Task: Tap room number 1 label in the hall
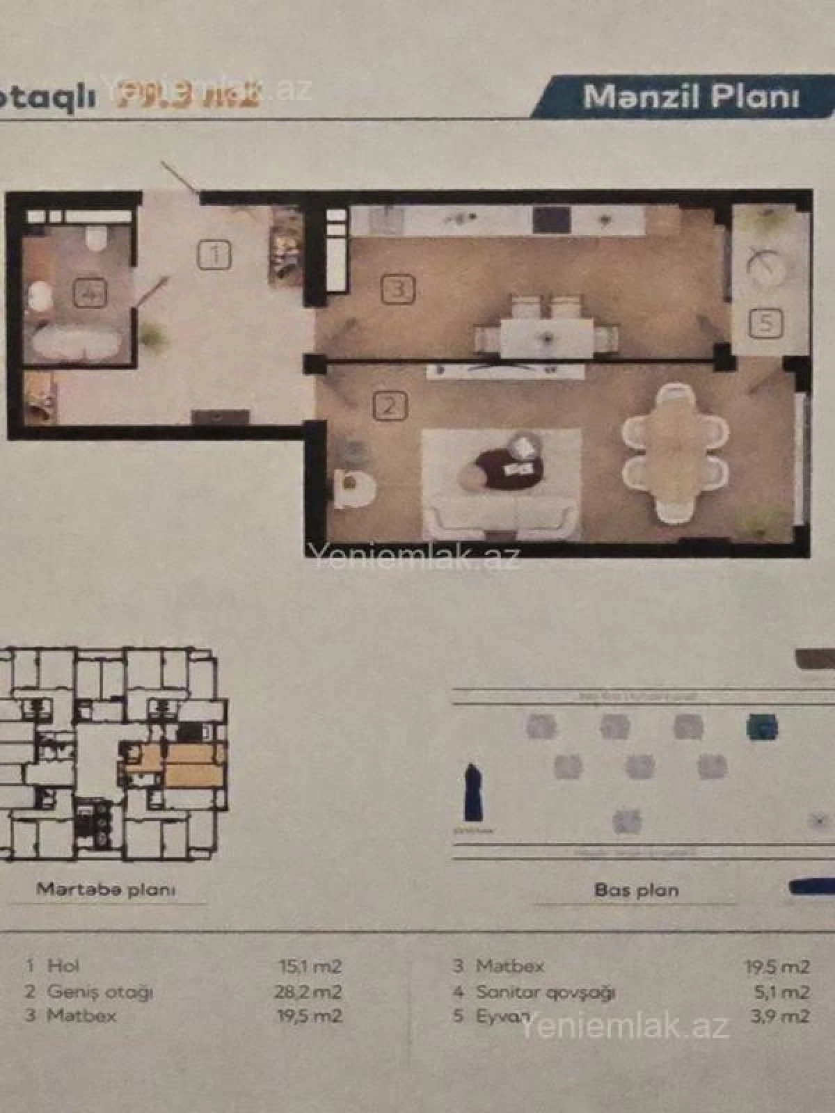pyautogui.click(x=216, y=255)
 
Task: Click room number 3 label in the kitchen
pyautogui.click(x=399, y=289)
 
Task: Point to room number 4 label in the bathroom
pyautogui.click(x=90, y=294)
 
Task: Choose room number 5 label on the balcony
pyautogui.click(x=765, y=323)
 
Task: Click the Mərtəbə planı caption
pyautogui.click(x=106, y=889)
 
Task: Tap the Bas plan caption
pyautogui.click(x=636, y=890)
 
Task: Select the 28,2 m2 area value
pyautogui.click(x=308, y=991)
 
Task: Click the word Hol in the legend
pyautogui.click(x=63, y=966)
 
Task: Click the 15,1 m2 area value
pyautogui.click(x=310, y=966)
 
